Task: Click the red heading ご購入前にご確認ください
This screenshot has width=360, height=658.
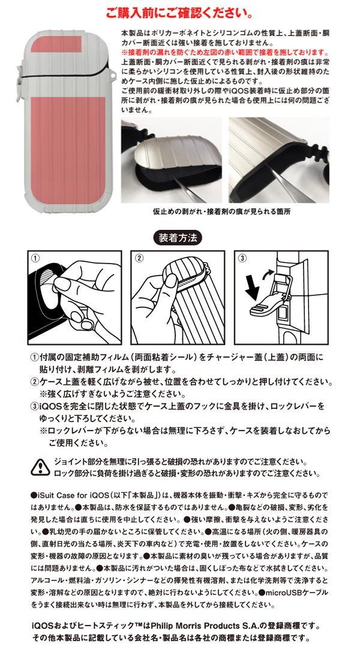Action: pyautogui.click(x=179, y=13)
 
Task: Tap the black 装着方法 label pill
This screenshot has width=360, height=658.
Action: pyautogui.click(x=178, y=238)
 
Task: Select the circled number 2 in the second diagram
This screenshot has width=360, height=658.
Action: pyautogui.click(x=139, y=258)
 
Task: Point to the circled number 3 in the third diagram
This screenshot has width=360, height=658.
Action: pyautogui.click(x=242, y=258)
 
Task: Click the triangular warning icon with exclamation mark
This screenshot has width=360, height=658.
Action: pyautogui.click(x=40, y=466)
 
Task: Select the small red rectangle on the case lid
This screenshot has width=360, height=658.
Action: pyautogui.click(x=62, y=44)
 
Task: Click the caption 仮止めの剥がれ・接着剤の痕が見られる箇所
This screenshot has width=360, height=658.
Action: pyautogui.click(x=221, y=212)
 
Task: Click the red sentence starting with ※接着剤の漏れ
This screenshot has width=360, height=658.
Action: pyautogui.click(x=225, y=52)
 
